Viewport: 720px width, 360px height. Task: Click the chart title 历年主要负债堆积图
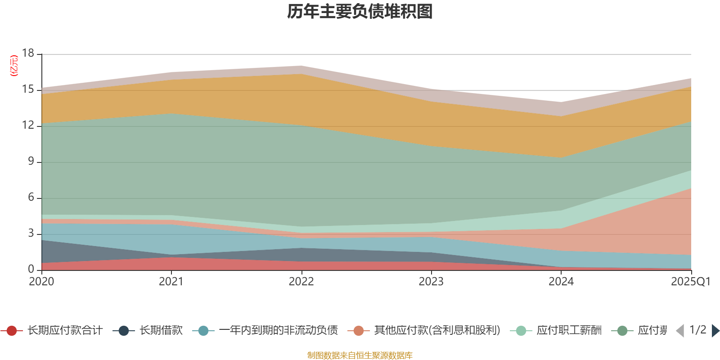pyautogui.click(x=360, y=12)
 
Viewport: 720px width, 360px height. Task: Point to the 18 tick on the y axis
pyautogui.click(x=28, y=53)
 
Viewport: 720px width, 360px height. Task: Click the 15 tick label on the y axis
pyautogui.click(x=28, y=89)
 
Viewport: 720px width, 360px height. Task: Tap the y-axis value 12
pyautogui.click(x=28, y=125)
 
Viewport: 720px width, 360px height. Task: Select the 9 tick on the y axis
pyautogui.click(x=31, y=161)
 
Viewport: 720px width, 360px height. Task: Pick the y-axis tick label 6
pyautogui.click(x=31, y=197)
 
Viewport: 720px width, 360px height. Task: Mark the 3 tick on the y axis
pyautogui.click(x=31, y=233)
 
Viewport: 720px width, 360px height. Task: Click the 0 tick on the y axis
pyautogui.click(x=31, y=269)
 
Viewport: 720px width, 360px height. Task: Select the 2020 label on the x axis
pyautogui.click(x=41, y=282)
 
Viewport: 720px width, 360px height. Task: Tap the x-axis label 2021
pyautogui.click(x=171, y=282)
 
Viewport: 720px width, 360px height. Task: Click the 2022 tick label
pyautogui.click(x=301, y=282)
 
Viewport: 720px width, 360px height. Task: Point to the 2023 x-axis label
pyautogui.click(x=431, y=282)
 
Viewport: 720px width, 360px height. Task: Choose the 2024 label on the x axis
pyautogui.click(x=561, y=282)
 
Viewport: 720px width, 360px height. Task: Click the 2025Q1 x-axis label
pyautogui.click(x=690, y=282)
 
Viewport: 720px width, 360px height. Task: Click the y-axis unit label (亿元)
pyautogui.click(x=14, y=66)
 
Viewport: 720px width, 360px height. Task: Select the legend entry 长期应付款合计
pyautogui.click(x=64, y=331)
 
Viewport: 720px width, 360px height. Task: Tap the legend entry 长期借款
pyautogui.click(x=161, y=331)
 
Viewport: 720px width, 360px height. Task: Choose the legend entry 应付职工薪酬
pyautogui.click(x=569, y=331)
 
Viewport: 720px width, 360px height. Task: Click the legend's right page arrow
pyautogui.click(x=715, y=331)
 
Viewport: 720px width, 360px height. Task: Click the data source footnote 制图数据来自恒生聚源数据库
pyautogui.click(x=360, y=355)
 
